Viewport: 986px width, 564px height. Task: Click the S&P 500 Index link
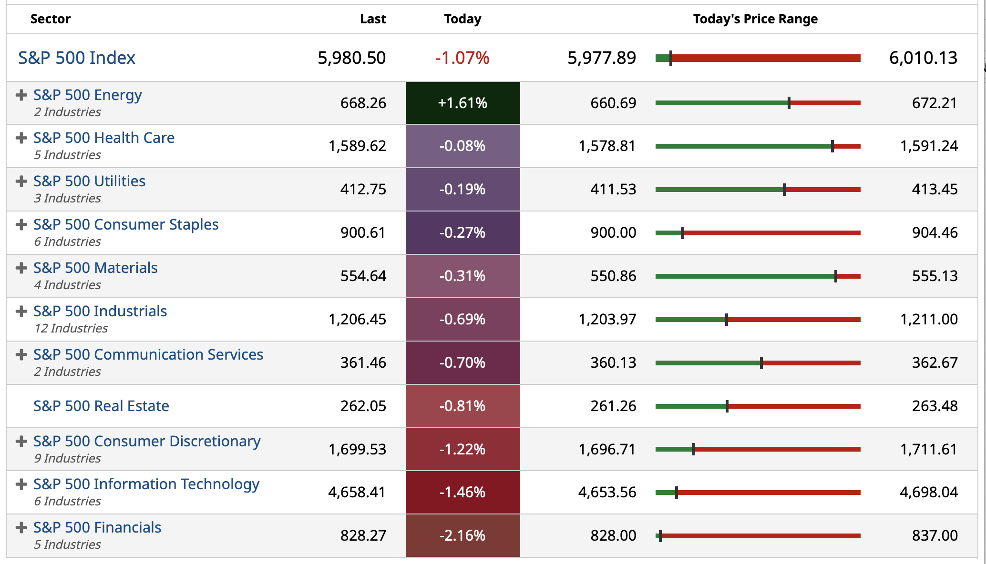point(77,58)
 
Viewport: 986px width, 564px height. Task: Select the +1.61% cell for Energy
point(462,103)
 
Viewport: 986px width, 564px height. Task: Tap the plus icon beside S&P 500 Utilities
point(21,181)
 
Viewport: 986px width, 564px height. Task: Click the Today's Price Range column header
point(755,19)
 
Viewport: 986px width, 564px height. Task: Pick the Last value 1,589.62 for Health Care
point(357,146)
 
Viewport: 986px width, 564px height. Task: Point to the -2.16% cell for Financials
point(462,535)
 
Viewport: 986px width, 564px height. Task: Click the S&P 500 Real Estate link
point(101,406)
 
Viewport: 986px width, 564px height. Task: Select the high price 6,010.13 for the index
point(923,58)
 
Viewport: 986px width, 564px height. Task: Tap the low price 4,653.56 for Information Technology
point(607,492)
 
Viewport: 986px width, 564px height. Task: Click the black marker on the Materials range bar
point(836,276)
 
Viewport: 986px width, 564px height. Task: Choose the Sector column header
point(51,19)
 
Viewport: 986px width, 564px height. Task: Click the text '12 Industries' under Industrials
point(71,328)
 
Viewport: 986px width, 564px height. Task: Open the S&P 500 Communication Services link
point(148,354)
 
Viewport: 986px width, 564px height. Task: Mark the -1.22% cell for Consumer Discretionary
point(462,449)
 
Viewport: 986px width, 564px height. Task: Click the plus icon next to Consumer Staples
point(21,224)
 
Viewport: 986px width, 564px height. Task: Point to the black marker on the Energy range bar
point(789,103)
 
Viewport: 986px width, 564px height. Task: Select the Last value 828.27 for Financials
point(363,535)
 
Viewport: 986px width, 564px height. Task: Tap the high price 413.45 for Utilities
point(935,189)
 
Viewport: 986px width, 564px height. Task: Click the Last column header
point(373,19)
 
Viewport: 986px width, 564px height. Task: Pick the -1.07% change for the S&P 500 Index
point(462,58)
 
